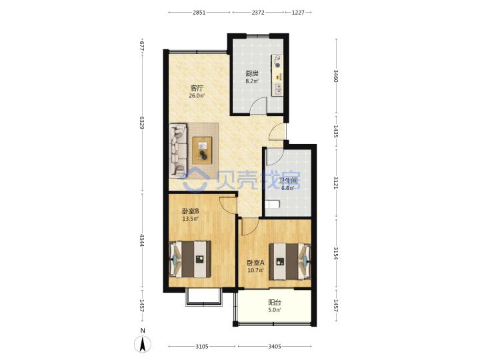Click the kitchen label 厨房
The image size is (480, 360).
click(x=252, y=73)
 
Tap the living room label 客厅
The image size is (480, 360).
click(x=197, y=88)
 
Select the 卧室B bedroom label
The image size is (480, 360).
click(x=191, y=211)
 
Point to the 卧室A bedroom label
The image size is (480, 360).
click(x=255, y=263)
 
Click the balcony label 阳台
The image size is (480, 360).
click(x=275, y=303)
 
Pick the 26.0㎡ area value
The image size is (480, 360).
click(x=197, y=95)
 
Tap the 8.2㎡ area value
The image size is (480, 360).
click(x=252, y=81)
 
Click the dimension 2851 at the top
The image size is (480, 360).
click(x=199, y=13)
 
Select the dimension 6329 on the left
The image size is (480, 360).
click(x=141, y=122)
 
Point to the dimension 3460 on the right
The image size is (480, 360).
click(x=336, y=76)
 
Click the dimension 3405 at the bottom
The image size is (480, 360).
click(x=275, y=347)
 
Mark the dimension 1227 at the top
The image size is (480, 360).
click(x=298, y=13)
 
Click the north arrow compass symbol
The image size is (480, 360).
click(x=143, y=344)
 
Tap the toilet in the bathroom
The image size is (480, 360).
click(x=273, y=204)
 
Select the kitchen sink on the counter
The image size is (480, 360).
click(x=278, y=89)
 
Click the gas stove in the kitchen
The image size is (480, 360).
click(x=277, y=62)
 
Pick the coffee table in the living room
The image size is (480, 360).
click(x=202, y=150)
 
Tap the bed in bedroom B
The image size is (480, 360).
click(x=190, y=259)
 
